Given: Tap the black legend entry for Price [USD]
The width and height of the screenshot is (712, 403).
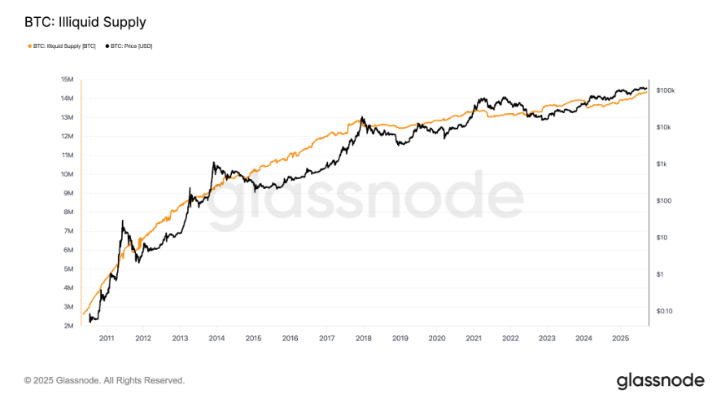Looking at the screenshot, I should [131, 46].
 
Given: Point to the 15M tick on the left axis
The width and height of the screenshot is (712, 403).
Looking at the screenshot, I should [68, 79].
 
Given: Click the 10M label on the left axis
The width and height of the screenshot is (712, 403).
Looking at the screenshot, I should [68, 174].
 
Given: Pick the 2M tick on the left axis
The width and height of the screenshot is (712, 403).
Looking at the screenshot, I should [68, 326].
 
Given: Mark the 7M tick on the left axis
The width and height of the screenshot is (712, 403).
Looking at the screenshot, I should [68, 231].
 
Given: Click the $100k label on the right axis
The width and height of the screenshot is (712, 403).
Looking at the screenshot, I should [666, 90].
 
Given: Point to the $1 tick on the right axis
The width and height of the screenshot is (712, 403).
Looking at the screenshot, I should [661, 274].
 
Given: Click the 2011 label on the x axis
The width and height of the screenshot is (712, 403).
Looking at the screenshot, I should [106, 338].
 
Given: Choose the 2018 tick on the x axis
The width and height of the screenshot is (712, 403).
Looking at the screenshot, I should [363, 338].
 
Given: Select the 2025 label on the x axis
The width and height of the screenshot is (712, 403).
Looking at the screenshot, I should [621, 338].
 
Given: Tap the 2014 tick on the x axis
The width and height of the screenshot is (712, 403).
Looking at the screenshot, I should [216, 338].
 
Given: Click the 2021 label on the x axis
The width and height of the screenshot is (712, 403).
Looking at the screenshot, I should [474, 338].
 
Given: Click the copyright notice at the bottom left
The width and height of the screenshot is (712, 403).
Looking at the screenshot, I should [104, 380].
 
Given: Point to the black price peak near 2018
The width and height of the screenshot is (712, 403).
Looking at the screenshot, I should [362, 117].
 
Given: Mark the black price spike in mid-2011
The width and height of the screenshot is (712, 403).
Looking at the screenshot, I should [123, 221].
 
